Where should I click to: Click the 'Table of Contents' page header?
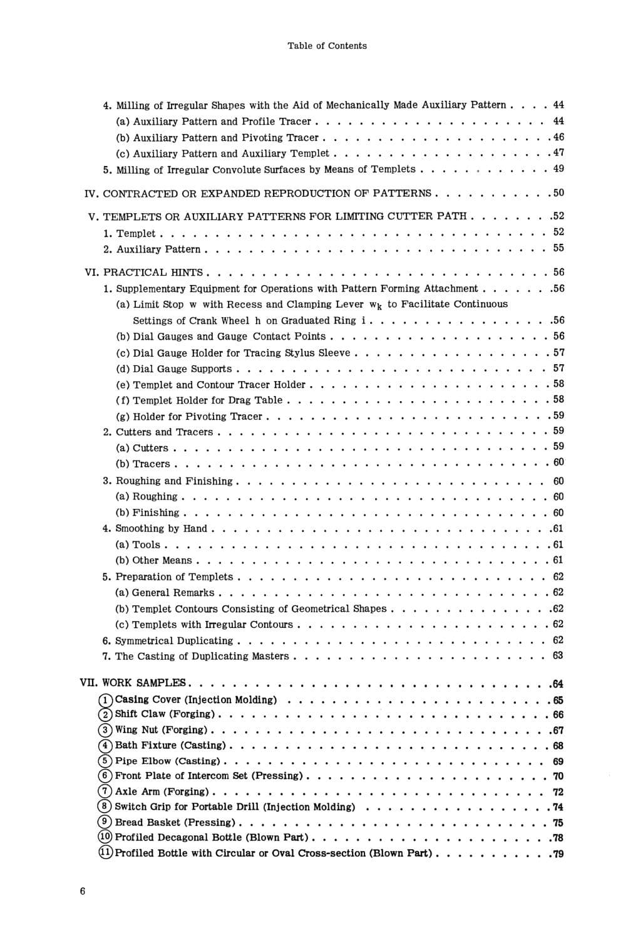(327, 46)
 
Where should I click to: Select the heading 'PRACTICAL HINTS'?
(153, 273)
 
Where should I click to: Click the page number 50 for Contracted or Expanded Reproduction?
(558, 193)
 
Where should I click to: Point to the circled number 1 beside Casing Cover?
(106, 700)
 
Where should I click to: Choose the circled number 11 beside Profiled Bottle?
(106, 853)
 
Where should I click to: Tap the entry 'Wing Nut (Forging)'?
(162, 729)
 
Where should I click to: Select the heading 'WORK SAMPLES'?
(144, 683)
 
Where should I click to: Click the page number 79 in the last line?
(558, 854)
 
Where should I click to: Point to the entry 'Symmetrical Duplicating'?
(174, 640)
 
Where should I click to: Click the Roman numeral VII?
(89, 683)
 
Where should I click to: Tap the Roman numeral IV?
(91, 193)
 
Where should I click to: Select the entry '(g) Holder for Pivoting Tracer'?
(189, 416)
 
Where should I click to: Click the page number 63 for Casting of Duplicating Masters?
(558, 655)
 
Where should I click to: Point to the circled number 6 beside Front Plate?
(106, 776)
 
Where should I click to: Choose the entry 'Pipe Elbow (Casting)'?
(167, 761)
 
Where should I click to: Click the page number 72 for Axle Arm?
(558, 792)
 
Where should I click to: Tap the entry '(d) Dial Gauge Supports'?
(174, 368)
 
